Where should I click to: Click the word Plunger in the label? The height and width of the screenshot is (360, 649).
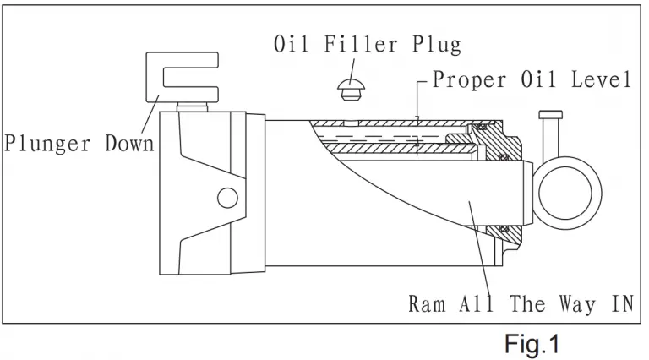(47, 144)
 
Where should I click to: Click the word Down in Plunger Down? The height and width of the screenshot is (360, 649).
(129, 144)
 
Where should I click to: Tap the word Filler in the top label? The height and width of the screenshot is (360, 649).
(361, 44)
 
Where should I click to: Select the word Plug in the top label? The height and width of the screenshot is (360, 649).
(436, 45)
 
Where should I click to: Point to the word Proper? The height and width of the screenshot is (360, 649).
(469, 79)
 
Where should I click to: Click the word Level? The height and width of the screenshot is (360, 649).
(601, 79)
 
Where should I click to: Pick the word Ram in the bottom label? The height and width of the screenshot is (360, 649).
(427, 303)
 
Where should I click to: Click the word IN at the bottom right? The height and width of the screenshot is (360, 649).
(623, 303)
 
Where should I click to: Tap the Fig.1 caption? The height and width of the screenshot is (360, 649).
(532, 344)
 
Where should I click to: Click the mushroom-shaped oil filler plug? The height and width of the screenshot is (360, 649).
(351, 90)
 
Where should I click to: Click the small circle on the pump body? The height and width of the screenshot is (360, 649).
(227, 198)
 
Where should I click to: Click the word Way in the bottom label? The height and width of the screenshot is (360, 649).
(577, 304)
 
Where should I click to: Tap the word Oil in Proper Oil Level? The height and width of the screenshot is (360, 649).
(538, 79)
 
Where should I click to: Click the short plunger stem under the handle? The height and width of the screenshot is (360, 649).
(192, 106)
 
